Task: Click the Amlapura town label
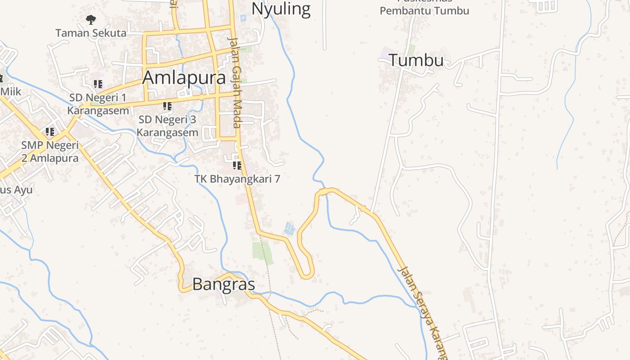tap(184, 77)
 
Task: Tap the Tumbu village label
tap(416, 60)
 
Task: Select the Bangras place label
tap(224, 284)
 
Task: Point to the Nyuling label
tap(281, 9)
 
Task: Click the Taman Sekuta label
tap(91, 33)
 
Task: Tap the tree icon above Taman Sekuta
tap(91, 19)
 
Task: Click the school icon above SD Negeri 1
tap(98, 84)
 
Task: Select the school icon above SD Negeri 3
tap(167, 106)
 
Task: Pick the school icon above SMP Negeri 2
tap(50, 132)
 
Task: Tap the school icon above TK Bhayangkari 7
tap(237, 166)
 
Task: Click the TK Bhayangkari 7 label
tap(237, 179)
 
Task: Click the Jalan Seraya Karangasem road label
tap(422, 310)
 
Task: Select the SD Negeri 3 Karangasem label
tap(167, 126)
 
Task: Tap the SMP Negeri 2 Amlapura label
tap(50, 152)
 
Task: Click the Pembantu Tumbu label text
tap(424, 11)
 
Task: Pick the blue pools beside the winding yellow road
tap(290, 229)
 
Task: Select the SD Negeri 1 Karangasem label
tap(98, 104)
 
